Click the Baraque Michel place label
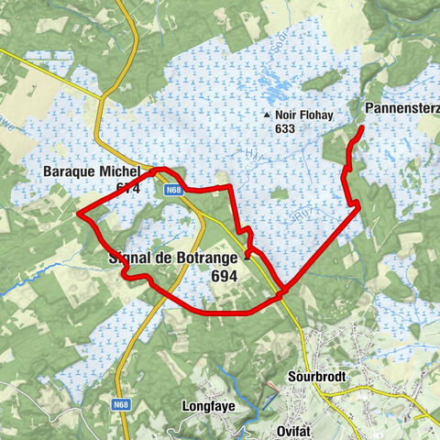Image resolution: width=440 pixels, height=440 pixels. [91, 172]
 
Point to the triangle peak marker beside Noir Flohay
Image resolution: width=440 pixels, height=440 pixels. [267, 115]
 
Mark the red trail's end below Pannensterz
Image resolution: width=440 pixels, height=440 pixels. [360, 128]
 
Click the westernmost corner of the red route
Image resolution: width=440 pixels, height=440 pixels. [79, 214]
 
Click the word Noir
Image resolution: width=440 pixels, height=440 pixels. [286, 115]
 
